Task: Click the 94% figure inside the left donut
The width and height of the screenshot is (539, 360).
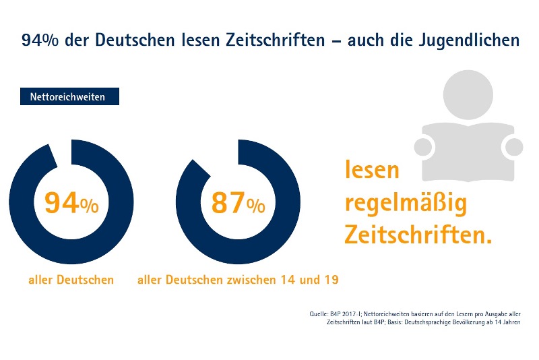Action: click(71, 203)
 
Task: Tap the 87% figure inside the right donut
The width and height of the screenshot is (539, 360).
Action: click(237, 203)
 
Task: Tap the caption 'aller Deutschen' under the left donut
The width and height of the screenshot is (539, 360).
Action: click(71, 279)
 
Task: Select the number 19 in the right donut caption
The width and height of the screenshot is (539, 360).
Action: click(329, 279)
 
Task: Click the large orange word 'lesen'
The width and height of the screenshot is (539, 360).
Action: click(372, 170)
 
